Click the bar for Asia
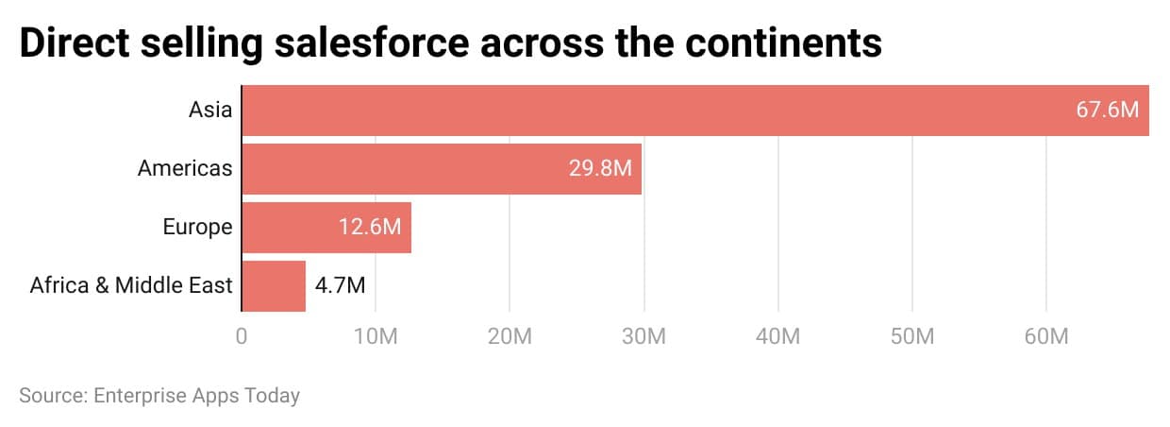(660, 111)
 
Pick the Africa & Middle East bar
(274, 285)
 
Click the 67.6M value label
(1108, 110)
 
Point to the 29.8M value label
(600, 169)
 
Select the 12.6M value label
(370, 228)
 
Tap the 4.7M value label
(340, 285)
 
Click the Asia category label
(209, 110)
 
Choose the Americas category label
(185, 169)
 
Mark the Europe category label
(196, 228)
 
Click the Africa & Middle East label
(131, 285)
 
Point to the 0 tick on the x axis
(242, 337)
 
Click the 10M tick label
(376, 337)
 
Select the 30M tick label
(643, 337)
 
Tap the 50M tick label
(911, 337)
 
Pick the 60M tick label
(1045, 337)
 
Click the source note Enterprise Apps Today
(196, 395)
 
